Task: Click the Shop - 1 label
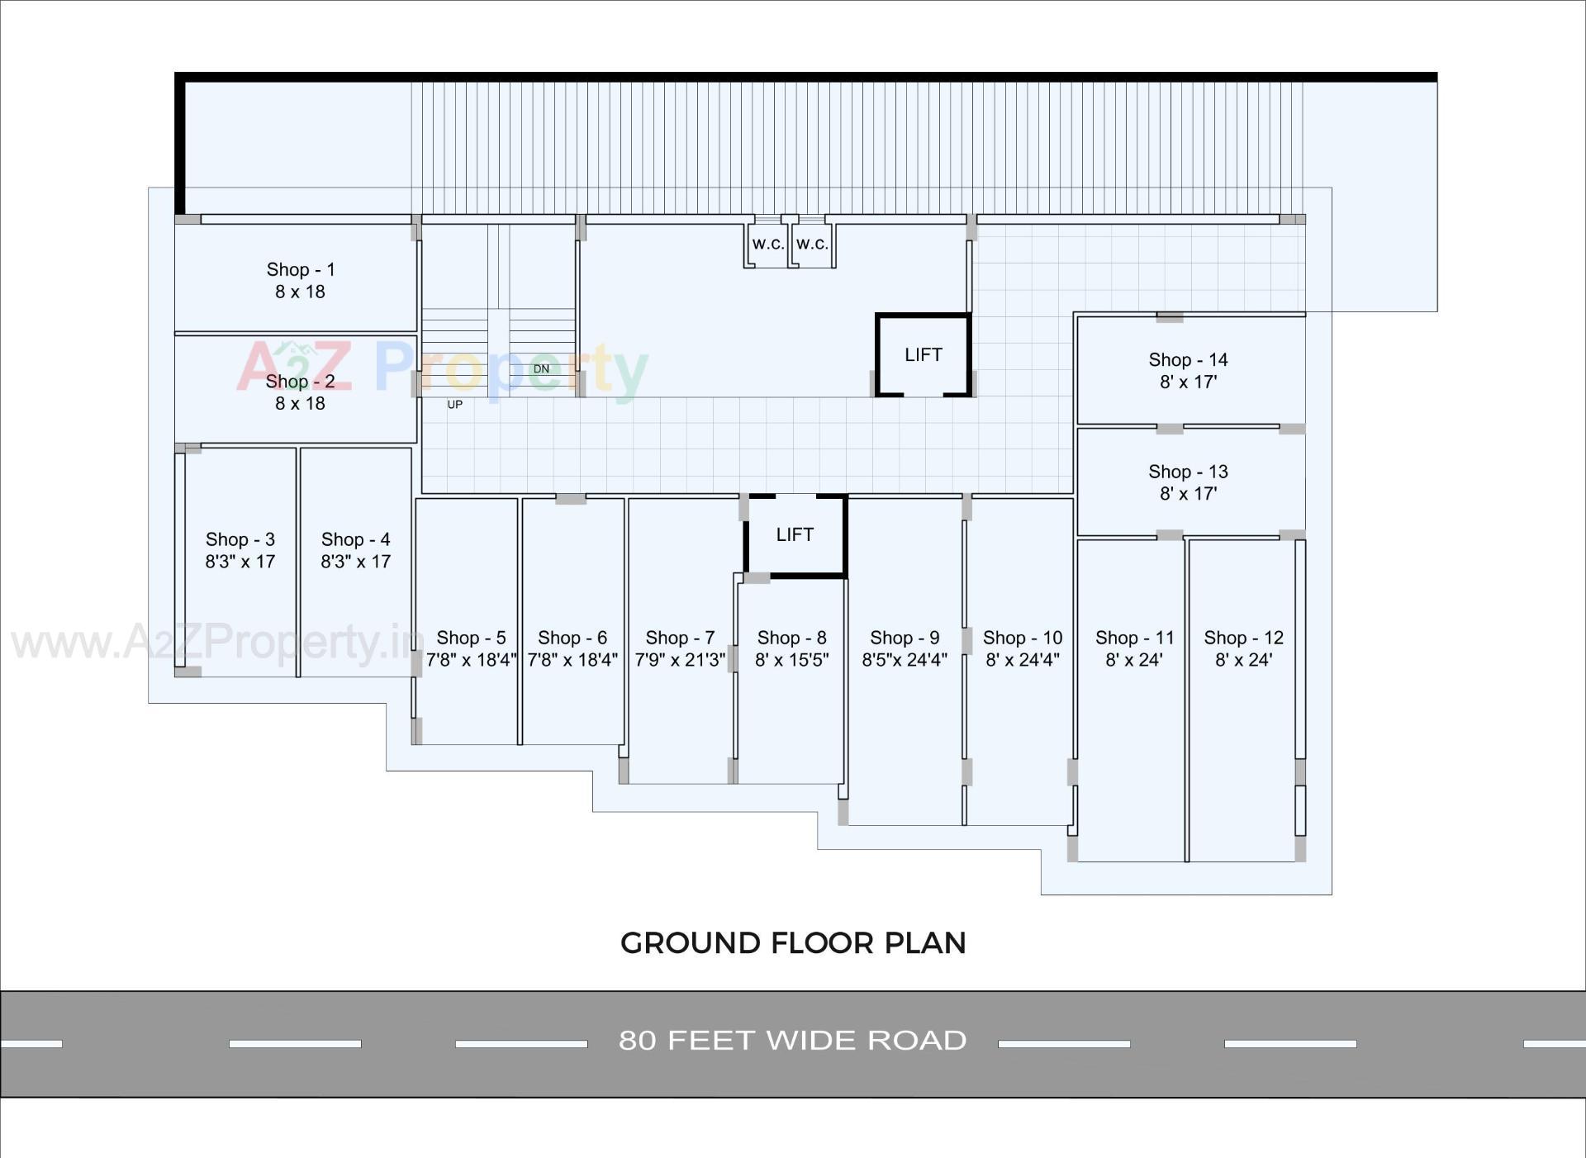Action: click(x=300, y=269)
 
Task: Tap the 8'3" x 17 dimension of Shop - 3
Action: click(x=240, y=562)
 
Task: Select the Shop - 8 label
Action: click(x=791, y=638)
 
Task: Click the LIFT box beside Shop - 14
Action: click(x=923, y=355)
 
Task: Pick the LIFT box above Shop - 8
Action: click(x=795, y=535)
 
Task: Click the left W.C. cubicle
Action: click(x=767, y=244)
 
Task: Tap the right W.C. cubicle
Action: click(x=812, y=244)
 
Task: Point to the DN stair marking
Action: click(x=541, y=368)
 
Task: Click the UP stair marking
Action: click(x=454, y=405)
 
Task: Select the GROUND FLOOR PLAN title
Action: click(x=793, y=943)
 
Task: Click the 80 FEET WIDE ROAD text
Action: click(x=793, y=1040)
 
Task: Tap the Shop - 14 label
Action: click(x=1188, y=359)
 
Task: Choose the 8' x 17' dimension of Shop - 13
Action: click(x=1188, y=494)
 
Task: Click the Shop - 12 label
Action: click(x=1243, y=638)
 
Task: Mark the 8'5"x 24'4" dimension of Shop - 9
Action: click(x=905, y=660)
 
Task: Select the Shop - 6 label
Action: click(x=572, y=638)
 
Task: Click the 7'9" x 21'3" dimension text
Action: click(x=680, y=660)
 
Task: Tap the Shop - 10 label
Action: click(x=1022, y=638)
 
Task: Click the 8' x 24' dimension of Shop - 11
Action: click(x=1134, y=660)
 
